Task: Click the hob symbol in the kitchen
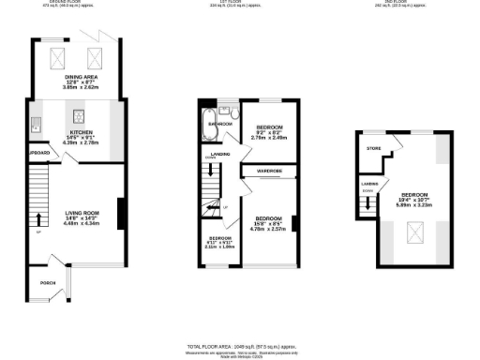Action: coord(78,118)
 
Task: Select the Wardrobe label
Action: coord(258,171)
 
